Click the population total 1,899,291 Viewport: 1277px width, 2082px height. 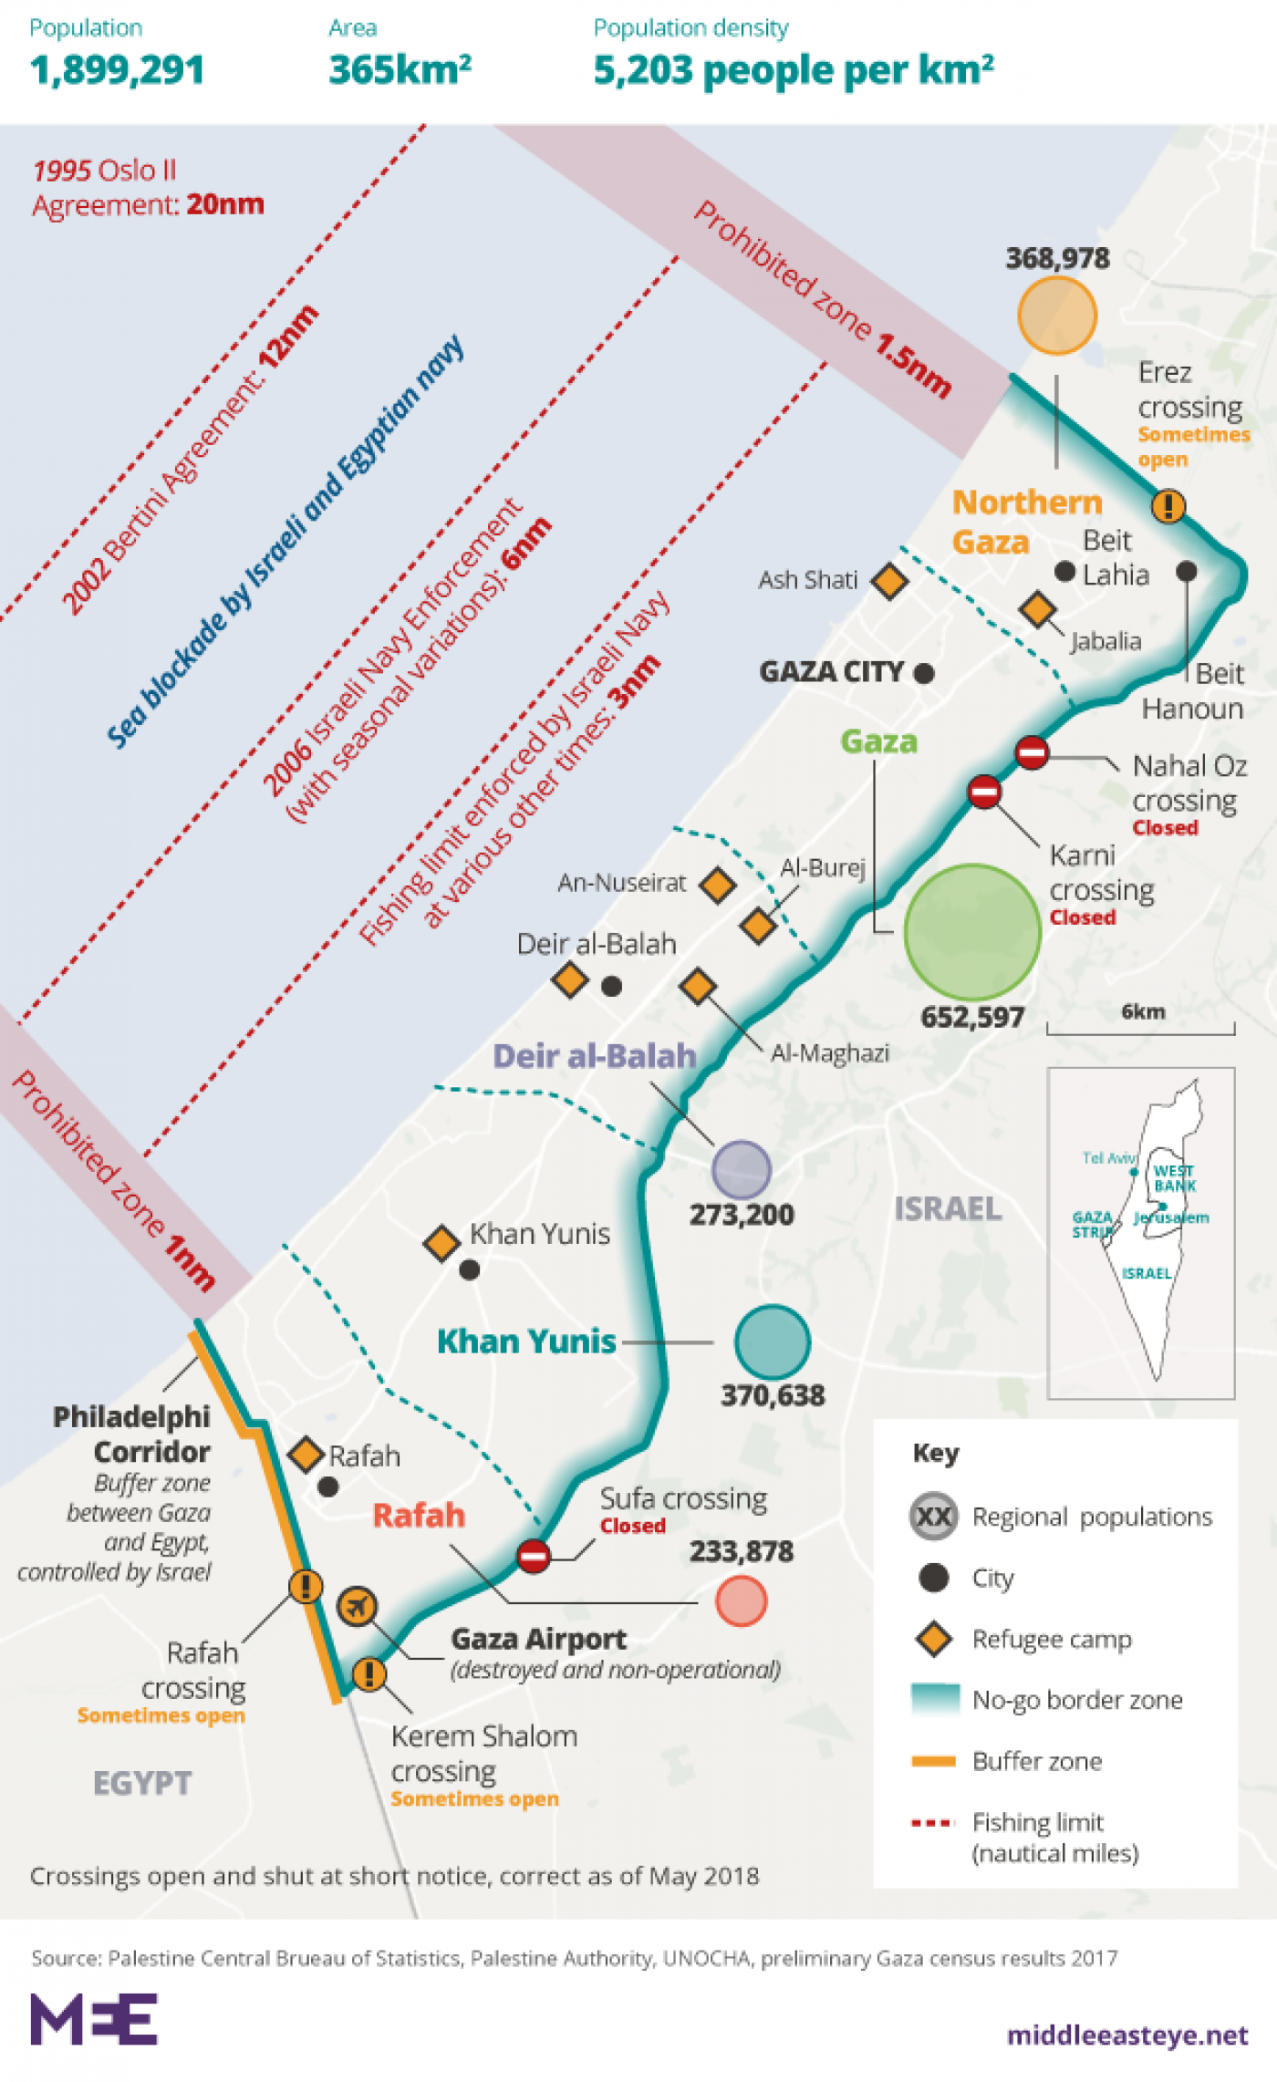(117, 70)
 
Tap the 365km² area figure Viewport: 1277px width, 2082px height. (400, 70)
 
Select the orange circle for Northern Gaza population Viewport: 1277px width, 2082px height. (1056, 316)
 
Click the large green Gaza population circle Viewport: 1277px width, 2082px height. (972, 932)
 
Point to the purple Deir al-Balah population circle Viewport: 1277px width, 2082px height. (742, 1169)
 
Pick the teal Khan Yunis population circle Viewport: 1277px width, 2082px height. (773, 1341)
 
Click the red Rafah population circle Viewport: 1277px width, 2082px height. (741, 1600)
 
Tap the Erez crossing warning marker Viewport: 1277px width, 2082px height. (1168, 505)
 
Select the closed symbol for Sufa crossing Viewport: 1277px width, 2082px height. (534, 1555)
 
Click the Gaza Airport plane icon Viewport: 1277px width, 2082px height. (357, 1606)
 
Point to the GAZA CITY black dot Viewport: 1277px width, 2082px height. (924, 673)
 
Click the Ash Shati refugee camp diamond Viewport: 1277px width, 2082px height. (889, 580)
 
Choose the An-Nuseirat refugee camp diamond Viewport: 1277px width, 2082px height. (718, 884)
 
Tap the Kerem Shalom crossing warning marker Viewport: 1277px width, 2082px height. (369, 1673)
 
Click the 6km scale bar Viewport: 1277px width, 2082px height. (1140, 1028)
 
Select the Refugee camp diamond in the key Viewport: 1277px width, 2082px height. (933, 1639)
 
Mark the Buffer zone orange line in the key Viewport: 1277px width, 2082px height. (933, 1761)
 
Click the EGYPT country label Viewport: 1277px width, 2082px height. (142, 1783)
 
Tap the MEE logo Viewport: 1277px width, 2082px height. (94, 2019)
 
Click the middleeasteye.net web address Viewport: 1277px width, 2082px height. (1126, 2035)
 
